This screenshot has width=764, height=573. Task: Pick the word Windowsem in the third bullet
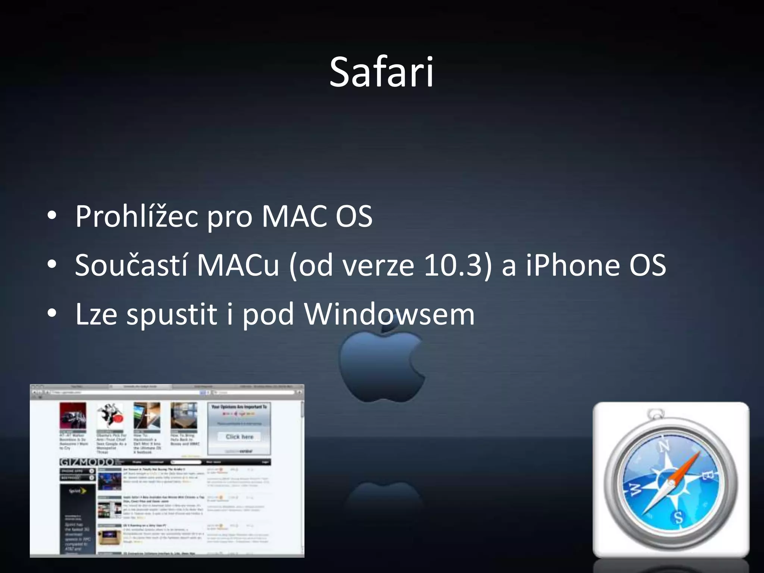pos(389,314)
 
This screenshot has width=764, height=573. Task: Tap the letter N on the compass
pos(664,446)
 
